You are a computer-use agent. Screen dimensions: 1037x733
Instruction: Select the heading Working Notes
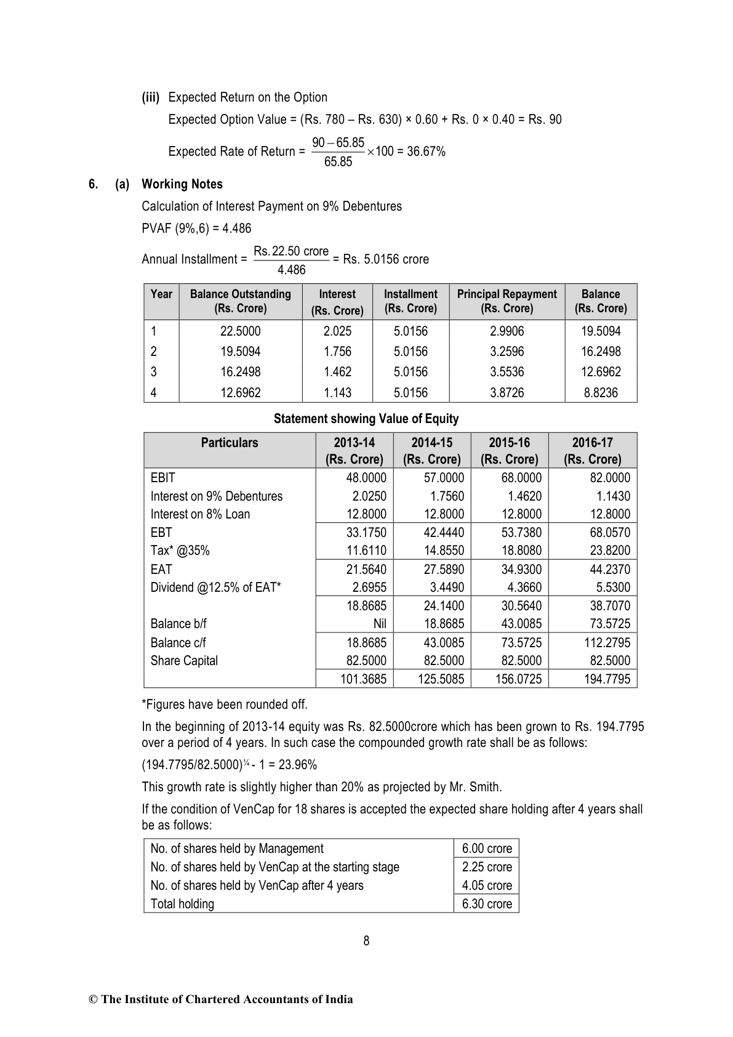[x=182, y=184]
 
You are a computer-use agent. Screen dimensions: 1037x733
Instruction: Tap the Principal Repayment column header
[x=507, y=301]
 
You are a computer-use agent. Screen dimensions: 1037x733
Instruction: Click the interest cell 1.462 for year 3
[x=337, y=372]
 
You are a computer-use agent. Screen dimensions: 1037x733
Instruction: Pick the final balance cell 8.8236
[x=601, y=393]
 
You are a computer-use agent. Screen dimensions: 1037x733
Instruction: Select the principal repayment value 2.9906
[x=507, y=331]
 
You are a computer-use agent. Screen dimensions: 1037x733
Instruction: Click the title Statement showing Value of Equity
[x=366, y=419]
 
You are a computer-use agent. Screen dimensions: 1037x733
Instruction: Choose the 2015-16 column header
[x=509, y=450]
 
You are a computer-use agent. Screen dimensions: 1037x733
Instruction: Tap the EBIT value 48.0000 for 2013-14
[x=366, y=478]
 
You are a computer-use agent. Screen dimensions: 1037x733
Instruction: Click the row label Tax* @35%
[x=180, y=551]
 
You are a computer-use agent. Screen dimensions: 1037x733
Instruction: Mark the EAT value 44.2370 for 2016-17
[x=610, y=570]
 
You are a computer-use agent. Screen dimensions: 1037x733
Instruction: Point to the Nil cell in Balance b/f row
[x=380, y=624]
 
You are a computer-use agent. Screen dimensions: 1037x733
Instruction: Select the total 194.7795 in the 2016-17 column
[x=607, y=679]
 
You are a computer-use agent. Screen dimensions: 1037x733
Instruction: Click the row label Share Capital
[x=184, y=661]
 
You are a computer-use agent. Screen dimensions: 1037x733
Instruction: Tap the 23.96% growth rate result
[x=297, y=765]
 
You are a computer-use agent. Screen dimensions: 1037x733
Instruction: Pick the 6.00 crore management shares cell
[x=487, y=849]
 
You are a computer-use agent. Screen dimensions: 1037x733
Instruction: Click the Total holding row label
[x=182, y=904]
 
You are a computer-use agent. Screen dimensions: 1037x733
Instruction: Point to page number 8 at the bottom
[x=366, y=940]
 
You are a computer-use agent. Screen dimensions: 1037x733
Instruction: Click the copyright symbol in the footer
[x=94, y=999]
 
